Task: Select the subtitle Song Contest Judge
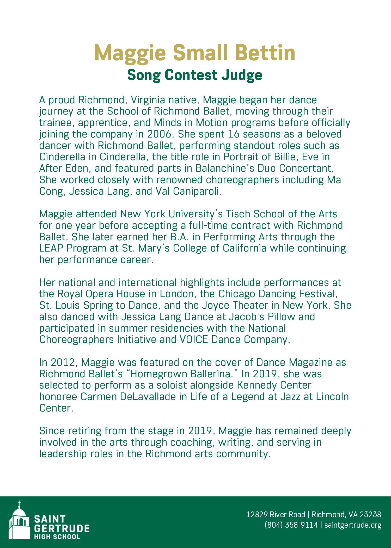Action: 195,75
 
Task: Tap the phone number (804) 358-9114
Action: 291,525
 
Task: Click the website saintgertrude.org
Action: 353,525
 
